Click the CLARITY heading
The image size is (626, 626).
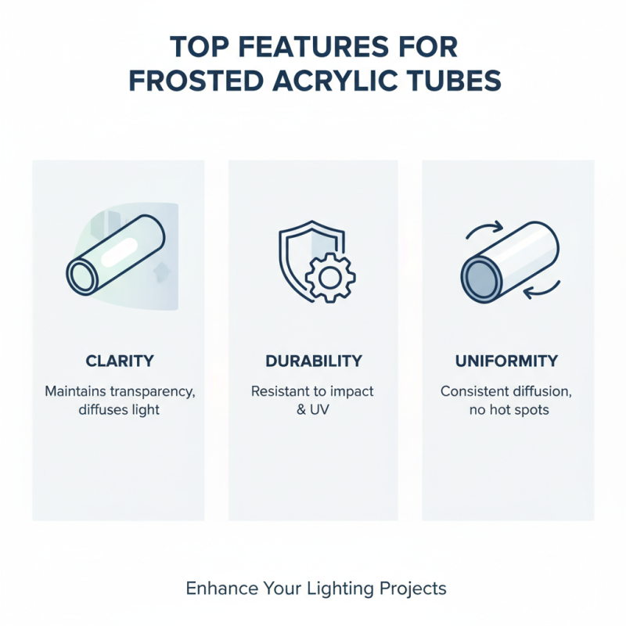(119, 362)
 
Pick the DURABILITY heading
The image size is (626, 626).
(313, 362)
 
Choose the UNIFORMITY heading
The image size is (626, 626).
(507, 362)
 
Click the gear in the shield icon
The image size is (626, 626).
(329, 278)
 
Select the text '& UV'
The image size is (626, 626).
(313, 408)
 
